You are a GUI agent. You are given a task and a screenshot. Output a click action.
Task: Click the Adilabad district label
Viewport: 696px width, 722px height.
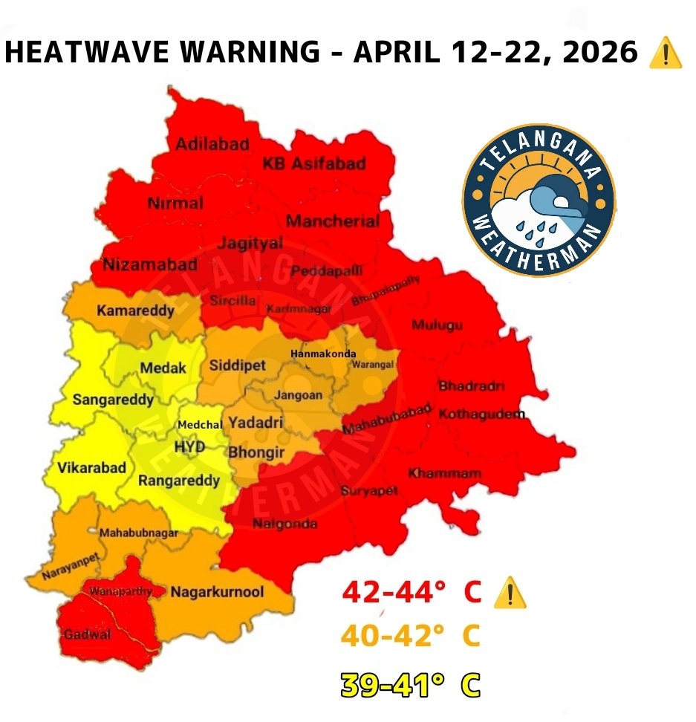(212, 144)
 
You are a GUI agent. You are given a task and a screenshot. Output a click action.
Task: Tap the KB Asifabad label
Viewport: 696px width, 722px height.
(314, 163)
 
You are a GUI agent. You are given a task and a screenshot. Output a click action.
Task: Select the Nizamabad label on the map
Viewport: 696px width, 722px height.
(150, 264)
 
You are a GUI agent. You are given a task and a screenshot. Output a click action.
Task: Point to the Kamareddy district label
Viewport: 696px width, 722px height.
(135, 310)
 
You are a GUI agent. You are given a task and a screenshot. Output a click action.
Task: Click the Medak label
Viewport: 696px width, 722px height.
(163, 368)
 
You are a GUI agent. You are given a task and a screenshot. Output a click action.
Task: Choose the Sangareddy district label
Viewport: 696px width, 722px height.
(113, 400)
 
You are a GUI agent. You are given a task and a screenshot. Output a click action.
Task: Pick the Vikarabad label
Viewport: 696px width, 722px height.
(91, 468)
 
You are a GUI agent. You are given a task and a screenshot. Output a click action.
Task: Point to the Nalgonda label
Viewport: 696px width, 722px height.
(284, 524)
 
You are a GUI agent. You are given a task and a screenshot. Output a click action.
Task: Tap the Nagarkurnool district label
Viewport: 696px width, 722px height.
(217, 592)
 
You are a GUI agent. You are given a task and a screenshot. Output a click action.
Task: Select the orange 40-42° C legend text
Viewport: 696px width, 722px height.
(411, 637)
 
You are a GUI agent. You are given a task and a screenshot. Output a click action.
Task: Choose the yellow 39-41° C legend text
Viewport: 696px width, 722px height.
(411, 685)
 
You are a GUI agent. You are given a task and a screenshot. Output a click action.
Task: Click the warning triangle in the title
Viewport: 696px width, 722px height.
(665, 54)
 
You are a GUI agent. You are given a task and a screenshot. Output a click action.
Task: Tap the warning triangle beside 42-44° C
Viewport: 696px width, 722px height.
(510, 593)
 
